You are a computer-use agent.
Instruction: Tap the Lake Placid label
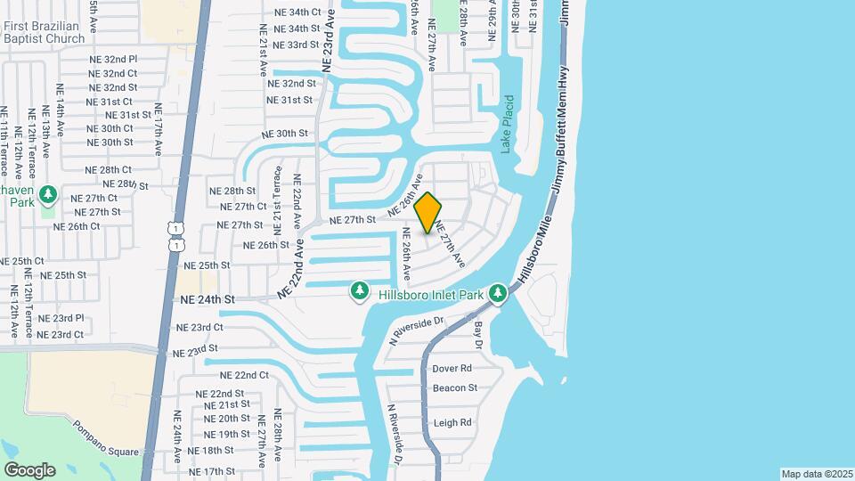[x=507, y=124]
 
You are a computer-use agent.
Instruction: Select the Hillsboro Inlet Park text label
[x=430, y=293]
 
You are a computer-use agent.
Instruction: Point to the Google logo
[x=29, y=469]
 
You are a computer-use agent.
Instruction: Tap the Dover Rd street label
[x=452, y=368]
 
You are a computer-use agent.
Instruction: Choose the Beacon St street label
[x=455, y=387]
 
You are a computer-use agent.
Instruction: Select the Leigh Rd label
[x=452, y=423]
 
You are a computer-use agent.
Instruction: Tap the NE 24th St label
[x=207, y=300]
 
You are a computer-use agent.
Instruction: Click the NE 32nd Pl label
[x=113, y=59]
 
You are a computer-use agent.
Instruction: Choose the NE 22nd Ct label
[x=244, y=375]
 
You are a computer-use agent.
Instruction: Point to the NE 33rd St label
[x=296, y=45]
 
